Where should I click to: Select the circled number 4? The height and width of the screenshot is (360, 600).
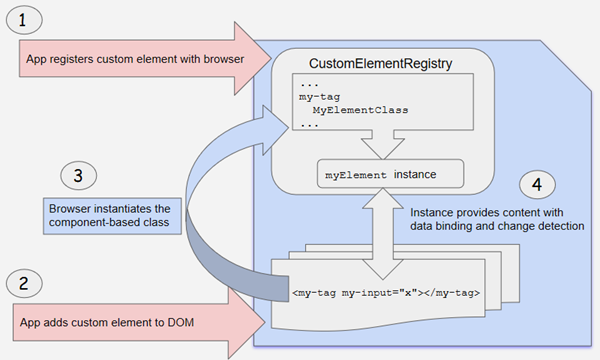click(538, 186)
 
